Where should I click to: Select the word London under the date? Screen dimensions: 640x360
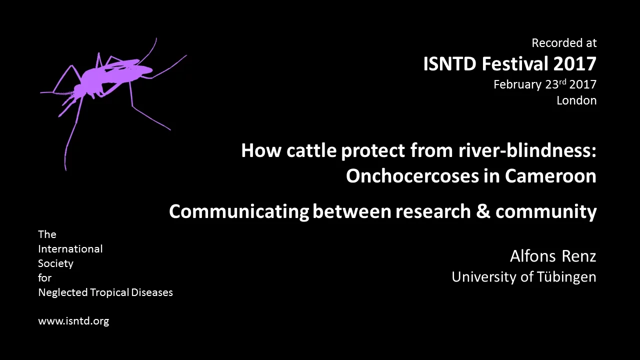(576, 100)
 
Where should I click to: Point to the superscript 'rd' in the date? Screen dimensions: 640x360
(562, 82)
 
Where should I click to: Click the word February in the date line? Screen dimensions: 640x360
(517, 85)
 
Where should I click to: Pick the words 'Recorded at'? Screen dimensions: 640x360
(564, 43)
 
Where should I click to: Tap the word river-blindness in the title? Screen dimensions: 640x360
(527, 150)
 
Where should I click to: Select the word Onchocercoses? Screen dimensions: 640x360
(412, 176)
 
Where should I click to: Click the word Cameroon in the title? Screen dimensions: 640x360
(550, 176)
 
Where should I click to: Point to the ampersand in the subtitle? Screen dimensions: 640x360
(483, 211)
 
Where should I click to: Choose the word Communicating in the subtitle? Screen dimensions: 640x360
(239, 212)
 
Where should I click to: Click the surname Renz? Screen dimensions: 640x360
(579, 256)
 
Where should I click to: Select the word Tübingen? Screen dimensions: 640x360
(566, 277)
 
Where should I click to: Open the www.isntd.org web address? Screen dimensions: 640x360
(73, 321)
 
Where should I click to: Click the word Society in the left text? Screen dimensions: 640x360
(55, 263)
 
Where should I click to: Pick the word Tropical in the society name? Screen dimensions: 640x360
(109, 292)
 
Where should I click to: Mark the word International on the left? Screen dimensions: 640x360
(70, 249)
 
